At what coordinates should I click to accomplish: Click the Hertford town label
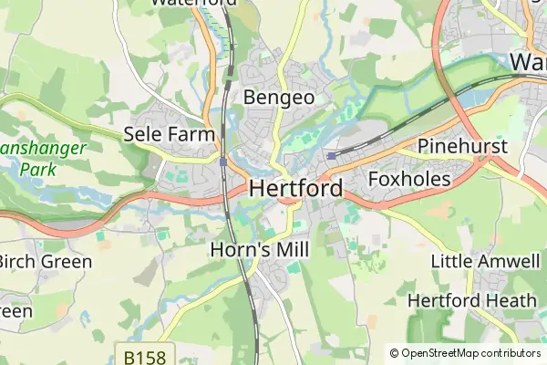(295, 189)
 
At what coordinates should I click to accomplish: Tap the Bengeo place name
(279, 97)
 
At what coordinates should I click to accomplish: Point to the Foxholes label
(409, 180)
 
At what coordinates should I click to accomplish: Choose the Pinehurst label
(462, 147)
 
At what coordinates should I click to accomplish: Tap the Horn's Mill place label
(260, 249)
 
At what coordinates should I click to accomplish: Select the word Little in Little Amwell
(452, 262)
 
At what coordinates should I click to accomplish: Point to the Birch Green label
(44, 262)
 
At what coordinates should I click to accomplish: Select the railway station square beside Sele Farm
(223, 162)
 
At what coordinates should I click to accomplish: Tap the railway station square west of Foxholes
(330, 155)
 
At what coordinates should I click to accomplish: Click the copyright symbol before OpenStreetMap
(395, 353)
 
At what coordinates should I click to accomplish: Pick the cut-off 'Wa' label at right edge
(528, 62)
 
